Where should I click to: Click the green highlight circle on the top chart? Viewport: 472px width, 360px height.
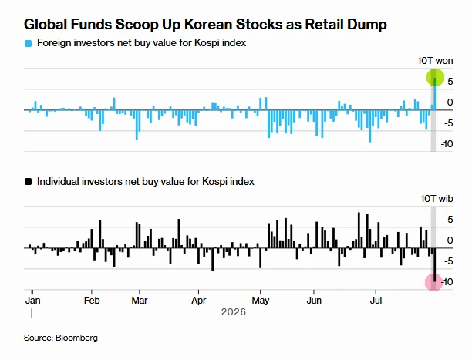tap(435, 78)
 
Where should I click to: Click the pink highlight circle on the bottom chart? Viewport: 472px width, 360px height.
tap(433, 282)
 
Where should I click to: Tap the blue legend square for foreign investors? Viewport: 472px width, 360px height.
tap(28, 44)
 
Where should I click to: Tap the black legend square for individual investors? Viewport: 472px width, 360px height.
tap(28, 182)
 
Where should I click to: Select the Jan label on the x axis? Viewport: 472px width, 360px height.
tap(32, 301)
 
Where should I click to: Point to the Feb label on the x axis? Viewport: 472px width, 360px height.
tap(92, 301)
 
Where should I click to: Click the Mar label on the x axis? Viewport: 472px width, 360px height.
tap(140, 301)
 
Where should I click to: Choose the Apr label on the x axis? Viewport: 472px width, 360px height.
tap(199, 301)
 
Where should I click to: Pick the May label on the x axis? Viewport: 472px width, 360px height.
tap(261, 301)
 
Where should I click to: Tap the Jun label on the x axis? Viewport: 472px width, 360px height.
tap(314, 301)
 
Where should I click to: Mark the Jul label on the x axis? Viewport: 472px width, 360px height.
tap(376, 301)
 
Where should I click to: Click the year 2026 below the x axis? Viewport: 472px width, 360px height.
tap(234, 312)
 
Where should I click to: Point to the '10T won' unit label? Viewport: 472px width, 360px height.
tap(435, 61)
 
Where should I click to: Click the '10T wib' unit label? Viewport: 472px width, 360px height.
tap(437, 199)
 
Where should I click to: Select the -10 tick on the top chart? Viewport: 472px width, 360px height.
tap(447, 144)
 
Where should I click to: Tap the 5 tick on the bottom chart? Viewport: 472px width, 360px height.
tap(450, 220)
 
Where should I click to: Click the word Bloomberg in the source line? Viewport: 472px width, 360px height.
tap(76, 338)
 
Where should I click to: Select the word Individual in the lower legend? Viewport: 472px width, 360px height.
tap(58, 181)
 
